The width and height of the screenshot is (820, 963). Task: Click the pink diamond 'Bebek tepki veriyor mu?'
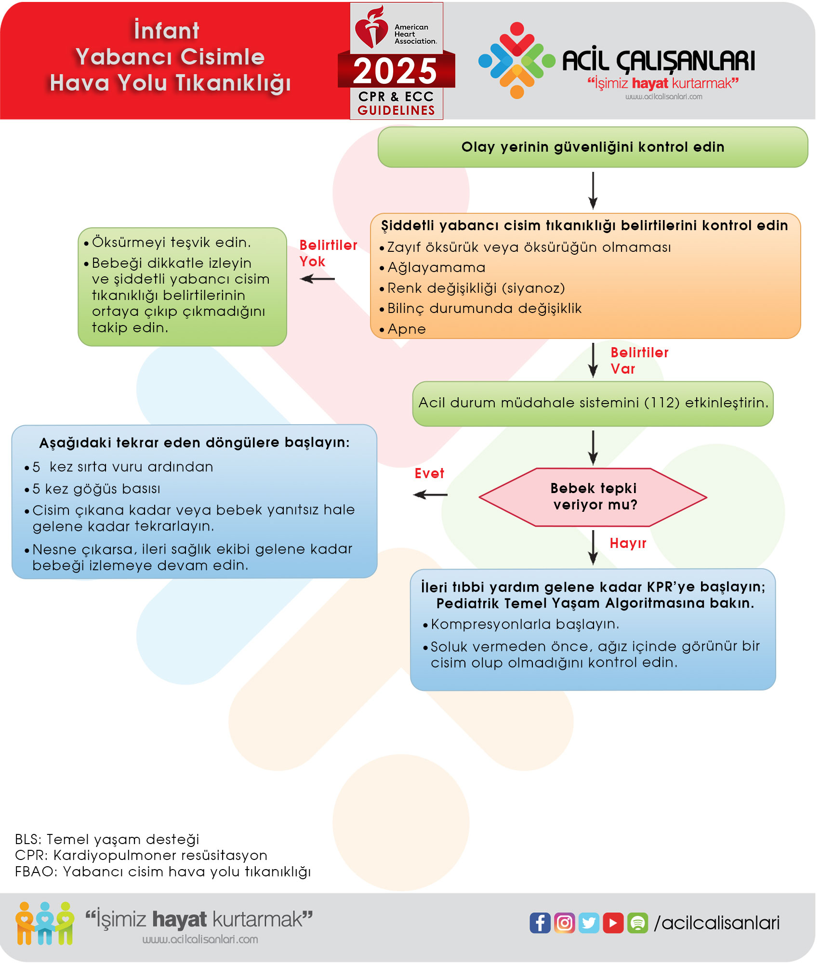[593, 497]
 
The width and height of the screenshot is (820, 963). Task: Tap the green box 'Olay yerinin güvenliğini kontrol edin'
[593, 147]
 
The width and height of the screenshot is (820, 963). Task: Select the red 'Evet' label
[429, 474]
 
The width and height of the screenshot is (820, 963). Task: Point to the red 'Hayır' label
[628, 544]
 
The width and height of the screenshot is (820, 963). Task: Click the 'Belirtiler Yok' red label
[328, 253]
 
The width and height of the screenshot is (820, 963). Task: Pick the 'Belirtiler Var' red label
[639, 361]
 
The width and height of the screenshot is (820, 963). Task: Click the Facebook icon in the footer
[540, 923]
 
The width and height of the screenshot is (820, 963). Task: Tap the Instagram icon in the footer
[565, 923]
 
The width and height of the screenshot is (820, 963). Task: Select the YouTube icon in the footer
[613, 923]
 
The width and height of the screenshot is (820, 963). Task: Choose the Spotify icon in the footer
[638, 923]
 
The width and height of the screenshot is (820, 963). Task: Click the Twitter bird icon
[589, 923]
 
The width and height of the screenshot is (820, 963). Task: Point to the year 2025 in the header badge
[396, 71]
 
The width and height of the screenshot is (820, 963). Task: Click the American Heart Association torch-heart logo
[371, 28]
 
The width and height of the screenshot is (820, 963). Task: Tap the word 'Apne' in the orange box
[407, 329]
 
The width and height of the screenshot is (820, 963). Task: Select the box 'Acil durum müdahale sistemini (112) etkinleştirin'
[593, 403]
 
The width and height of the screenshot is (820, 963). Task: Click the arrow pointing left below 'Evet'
[430, 495]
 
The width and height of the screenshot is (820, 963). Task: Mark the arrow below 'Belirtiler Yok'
[317, 279]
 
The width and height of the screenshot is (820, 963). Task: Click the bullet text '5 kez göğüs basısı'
[96, 489]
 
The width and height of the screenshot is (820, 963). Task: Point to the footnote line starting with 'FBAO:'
[163, 872]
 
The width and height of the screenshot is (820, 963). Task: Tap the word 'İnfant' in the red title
[167, 31]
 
